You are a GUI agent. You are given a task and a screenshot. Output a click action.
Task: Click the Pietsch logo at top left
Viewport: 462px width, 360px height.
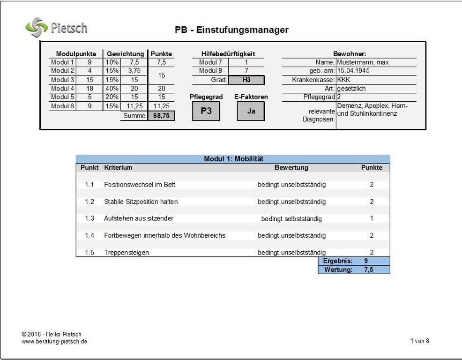click(56, 27)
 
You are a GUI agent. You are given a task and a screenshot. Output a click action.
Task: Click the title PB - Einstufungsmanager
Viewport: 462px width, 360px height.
click(231, 30)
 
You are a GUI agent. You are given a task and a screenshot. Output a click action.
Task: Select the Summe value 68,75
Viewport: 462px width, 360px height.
click(161, 116)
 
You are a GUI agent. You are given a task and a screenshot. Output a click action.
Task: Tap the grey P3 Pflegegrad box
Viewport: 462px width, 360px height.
click(206, 111)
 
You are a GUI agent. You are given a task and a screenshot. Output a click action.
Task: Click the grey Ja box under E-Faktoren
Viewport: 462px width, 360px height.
click(251, 111)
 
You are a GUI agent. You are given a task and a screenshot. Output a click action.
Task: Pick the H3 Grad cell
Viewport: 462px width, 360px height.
click(246, 80)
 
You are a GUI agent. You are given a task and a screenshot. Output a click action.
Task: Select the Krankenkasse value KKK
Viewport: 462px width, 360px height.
click(343, 80)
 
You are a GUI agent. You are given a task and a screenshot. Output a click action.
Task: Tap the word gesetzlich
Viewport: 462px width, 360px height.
click(351, 89)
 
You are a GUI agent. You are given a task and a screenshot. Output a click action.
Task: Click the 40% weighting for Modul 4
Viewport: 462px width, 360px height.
click(112, 89)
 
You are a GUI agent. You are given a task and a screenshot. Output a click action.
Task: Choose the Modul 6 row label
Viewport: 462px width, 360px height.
click(62, 106)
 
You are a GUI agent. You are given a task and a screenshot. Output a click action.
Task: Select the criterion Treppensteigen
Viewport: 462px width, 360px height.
click(127, 253)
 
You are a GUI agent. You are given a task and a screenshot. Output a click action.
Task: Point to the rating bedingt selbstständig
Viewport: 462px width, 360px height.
click(291, 218)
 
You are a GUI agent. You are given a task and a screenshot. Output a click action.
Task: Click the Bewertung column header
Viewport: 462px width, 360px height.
click(291, 167)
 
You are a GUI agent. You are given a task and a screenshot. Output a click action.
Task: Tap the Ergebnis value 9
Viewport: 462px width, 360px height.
click(365, 261)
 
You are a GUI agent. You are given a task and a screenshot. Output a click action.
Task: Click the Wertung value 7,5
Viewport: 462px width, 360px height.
click(368, 270)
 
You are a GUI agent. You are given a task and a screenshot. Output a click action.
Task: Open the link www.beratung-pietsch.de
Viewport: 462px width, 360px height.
click(54, 342)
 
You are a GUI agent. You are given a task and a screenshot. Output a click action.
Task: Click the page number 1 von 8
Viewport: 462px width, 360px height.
click(419, 341)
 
